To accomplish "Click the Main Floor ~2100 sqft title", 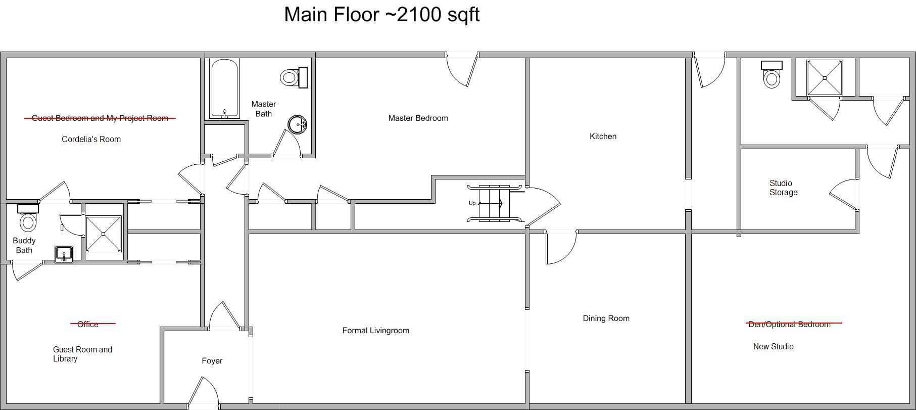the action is tap(381, 15).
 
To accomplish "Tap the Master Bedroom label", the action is tap(418, 118).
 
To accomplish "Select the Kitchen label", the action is tap(603, 136).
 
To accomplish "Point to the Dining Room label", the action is tap(606, 318).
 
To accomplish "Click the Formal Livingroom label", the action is tap(375, 331).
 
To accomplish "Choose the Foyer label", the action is tap(212, 361).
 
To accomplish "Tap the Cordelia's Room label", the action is tap(91, 140).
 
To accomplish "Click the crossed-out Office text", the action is tap(88, 324).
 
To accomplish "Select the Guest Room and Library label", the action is tap(82, 354).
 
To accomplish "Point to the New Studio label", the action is tap(773, 347).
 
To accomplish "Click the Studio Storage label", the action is tap(783, 188).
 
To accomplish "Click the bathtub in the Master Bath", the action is tap(224, 89).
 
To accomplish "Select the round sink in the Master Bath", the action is tap(297, 124).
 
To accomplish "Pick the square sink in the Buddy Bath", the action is tap(64, 254).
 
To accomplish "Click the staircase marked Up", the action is tap(494, 203).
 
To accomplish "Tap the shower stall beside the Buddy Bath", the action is tap(104, 234).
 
